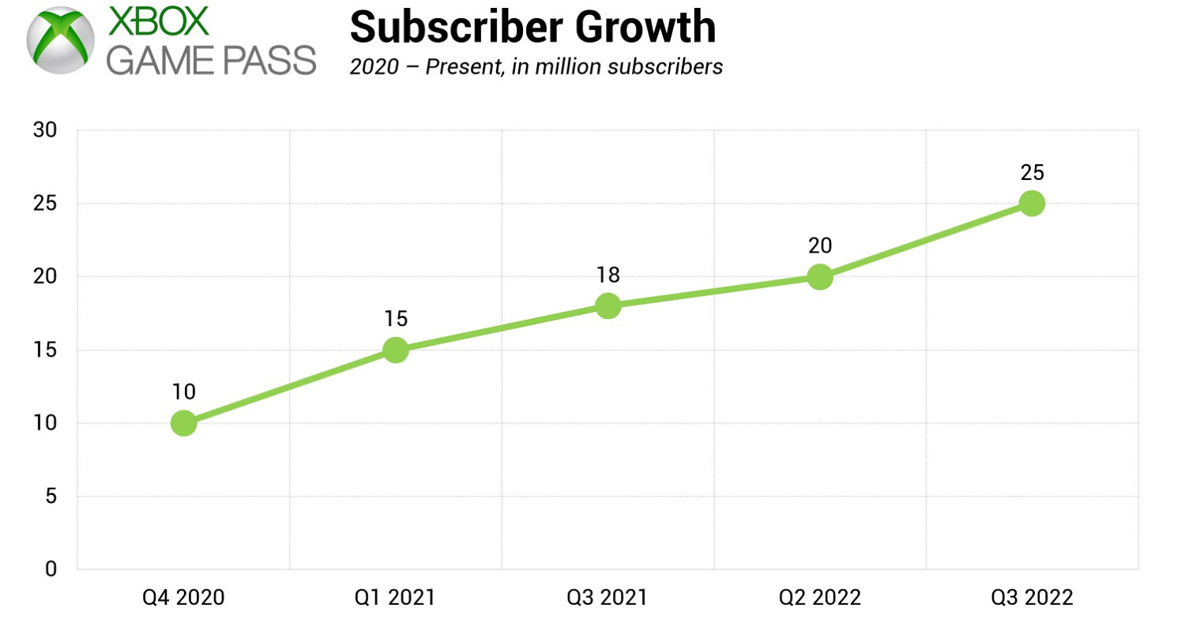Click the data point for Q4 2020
(183, 423)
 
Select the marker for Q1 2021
(396, 350)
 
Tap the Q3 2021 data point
(608, 306)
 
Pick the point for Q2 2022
(820, 277)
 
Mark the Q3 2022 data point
(1032, 204)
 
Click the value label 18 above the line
(608, 275)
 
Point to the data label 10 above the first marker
(183, 392)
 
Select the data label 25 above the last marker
(1032, 172)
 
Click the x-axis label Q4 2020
(183, 598)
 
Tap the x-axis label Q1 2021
(396, 598)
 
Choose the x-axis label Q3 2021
(608, 598)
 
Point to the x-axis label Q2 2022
(820, 598)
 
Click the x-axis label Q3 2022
(1032, 598)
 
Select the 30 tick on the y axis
(44, 130)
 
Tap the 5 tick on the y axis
(50, 497)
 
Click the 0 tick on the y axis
(50, 569)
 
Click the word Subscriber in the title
(455, 27)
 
